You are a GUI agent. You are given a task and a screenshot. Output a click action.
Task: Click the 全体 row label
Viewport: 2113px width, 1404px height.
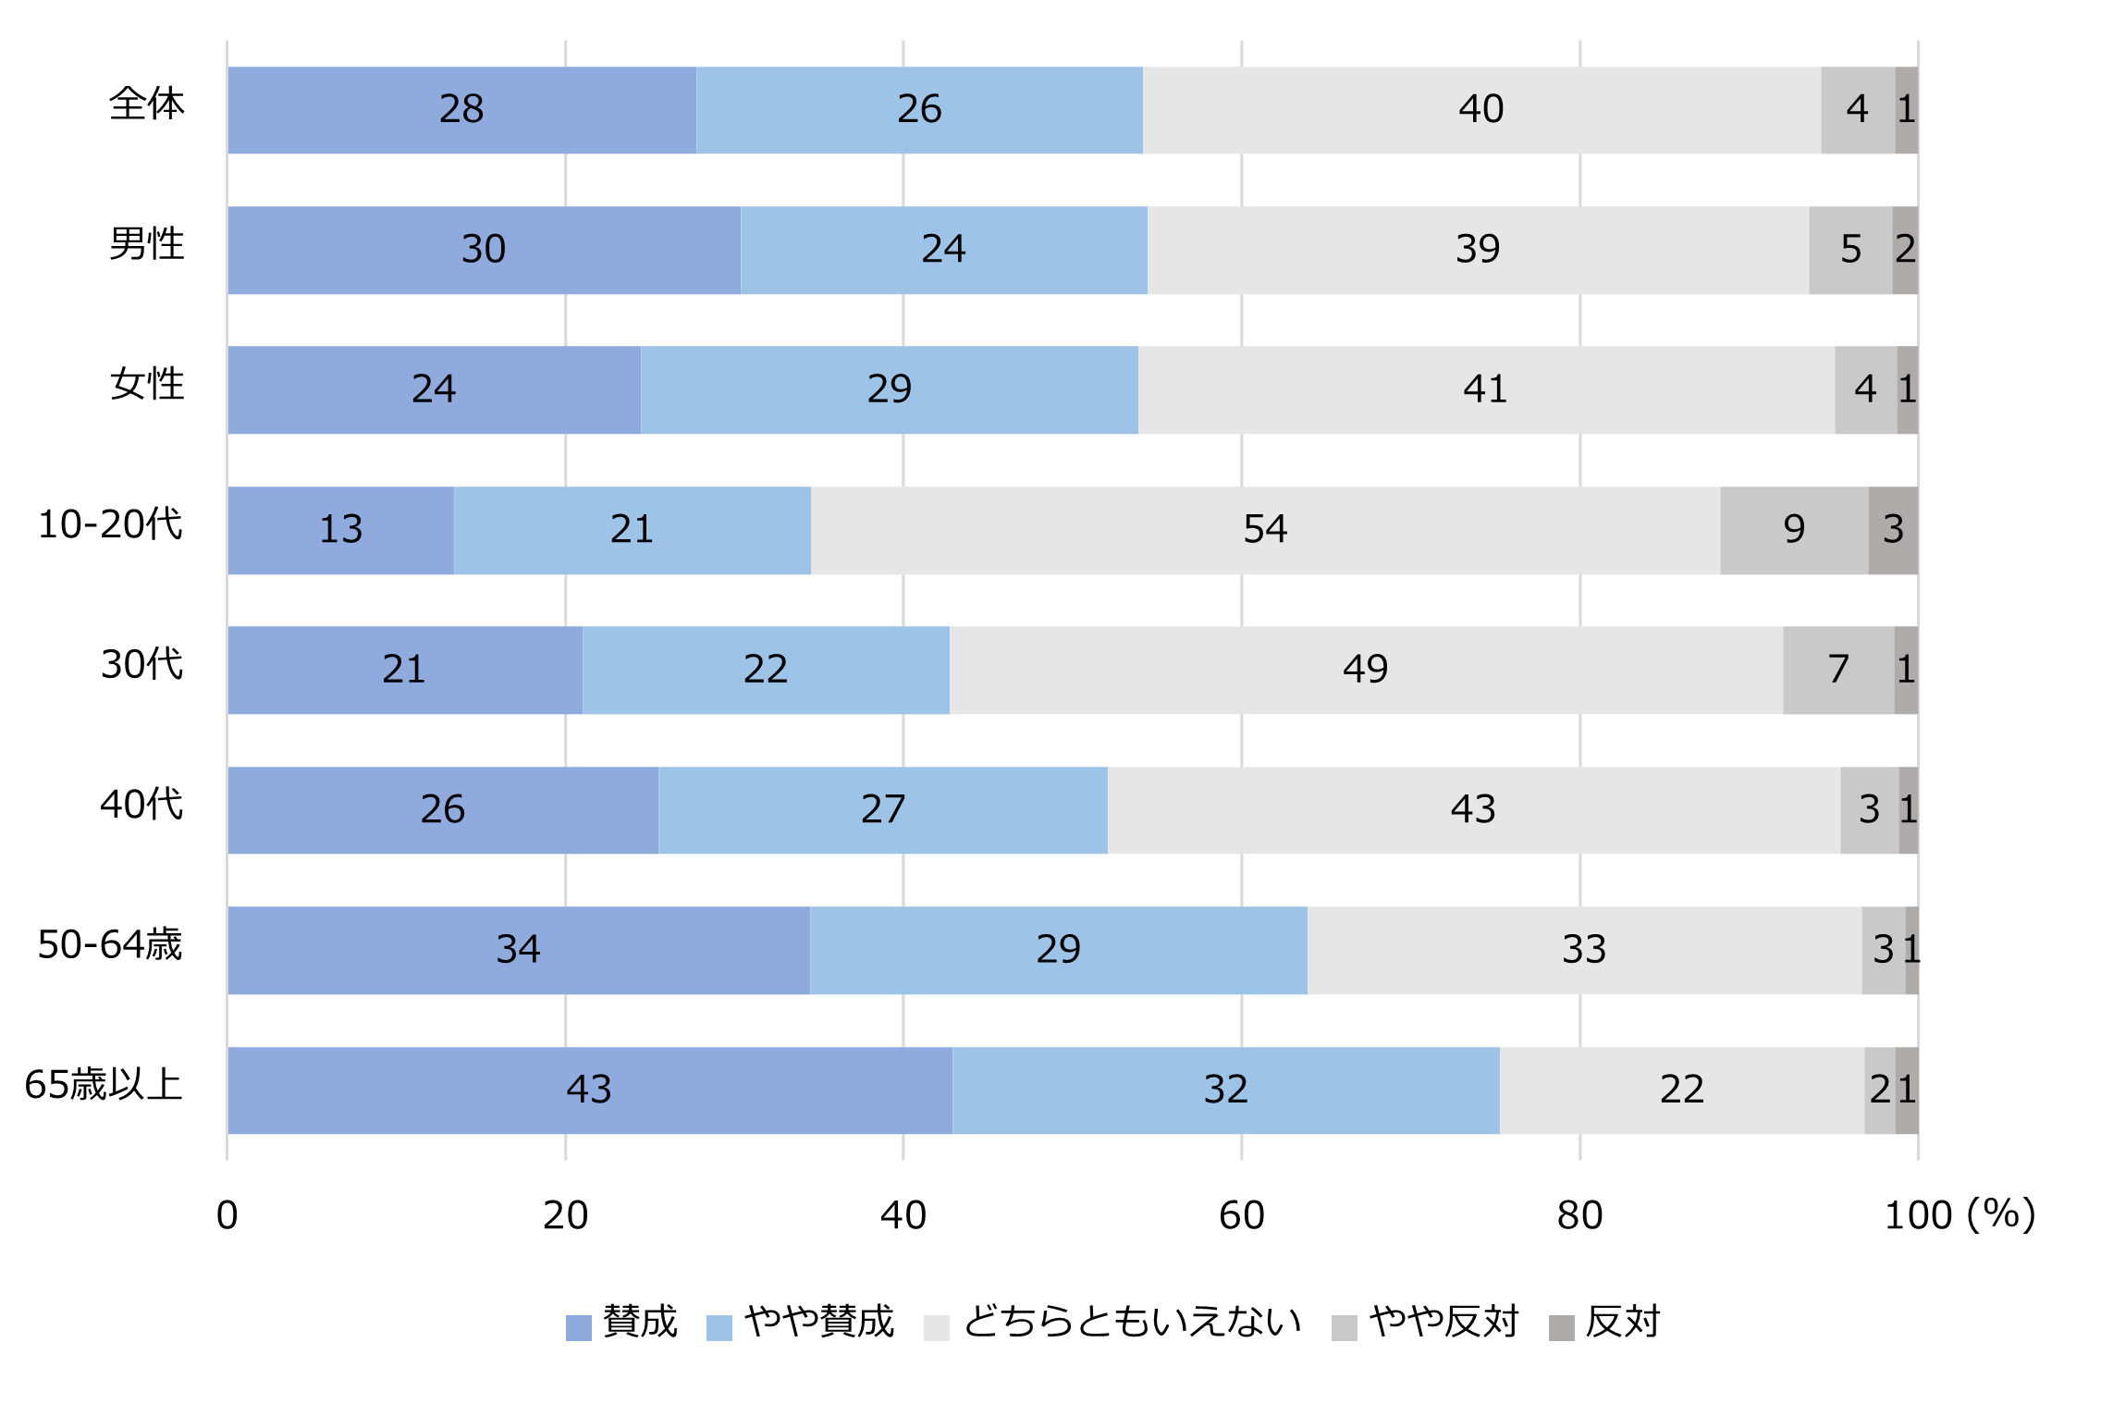tap(146, 104)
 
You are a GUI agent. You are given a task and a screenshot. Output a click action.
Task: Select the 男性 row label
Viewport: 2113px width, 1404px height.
tap(146, 244)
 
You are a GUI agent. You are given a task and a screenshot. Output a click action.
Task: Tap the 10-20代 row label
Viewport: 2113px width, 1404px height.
tap(110, 524)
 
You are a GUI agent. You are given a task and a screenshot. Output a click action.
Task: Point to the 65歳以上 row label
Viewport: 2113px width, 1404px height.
tap(104, 1085)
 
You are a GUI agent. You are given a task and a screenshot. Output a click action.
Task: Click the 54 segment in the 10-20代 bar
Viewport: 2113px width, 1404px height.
tap(1265, 530)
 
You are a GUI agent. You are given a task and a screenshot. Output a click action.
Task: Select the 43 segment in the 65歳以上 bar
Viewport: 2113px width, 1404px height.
tap(589, 1090)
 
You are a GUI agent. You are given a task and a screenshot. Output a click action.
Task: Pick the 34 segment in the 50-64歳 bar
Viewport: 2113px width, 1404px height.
tap(518, 950)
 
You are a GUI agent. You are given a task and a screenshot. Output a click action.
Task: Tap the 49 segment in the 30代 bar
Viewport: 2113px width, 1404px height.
tap(1366, 670)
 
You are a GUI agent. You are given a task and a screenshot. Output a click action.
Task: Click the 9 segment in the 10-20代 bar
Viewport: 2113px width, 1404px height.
tap(1794, 530)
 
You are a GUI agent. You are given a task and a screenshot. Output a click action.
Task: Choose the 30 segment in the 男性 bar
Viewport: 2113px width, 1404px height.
tap(484, 250)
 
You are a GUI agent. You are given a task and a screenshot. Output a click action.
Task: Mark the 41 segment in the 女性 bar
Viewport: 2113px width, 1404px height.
tap(1485, 389)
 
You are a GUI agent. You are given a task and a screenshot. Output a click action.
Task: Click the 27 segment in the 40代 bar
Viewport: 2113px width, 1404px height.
tap(883, 810)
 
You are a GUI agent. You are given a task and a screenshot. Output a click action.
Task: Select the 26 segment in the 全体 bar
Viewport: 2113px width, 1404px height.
tap(919, 110)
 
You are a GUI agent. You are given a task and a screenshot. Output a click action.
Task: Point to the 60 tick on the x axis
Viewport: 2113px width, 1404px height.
tap(1241, 1215)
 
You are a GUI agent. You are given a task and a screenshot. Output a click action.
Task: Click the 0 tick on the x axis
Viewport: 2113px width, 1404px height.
tap(227, 1215)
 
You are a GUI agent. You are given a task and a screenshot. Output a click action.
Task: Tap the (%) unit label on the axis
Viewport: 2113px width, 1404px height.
tap(2001, 1213)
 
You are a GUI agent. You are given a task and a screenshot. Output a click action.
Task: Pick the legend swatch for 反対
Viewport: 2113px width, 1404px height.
tap(1562, 1327)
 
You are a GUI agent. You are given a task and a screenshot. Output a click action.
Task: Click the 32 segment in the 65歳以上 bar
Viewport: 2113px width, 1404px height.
tap(1225, 1090)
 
